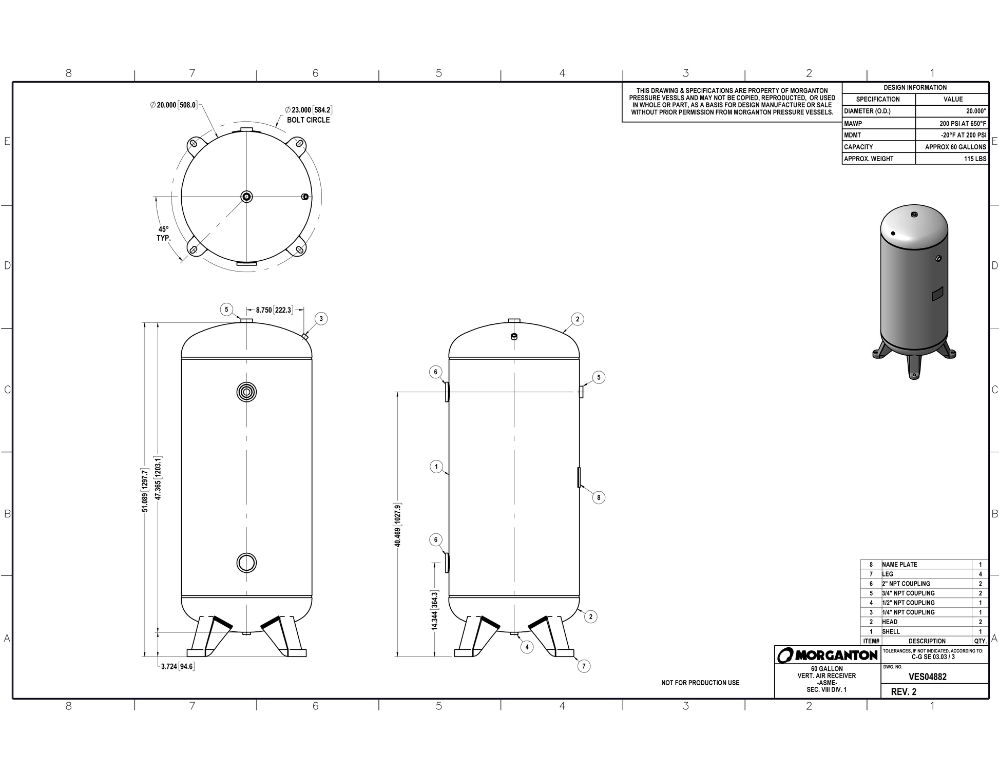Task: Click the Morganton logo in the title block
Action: [x=827, y=655]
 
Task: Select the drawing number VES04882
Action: [x=927, y=677]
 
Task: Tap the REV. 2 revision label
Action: [x=903, y=691]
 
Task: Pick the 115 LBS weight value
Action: [x=975, y=159]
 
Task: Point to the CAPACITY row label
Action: [x=858, y=147]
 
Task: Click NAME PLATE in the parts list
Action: [x=899, y=564]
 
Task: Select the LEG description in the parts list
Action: [x=888, y=574]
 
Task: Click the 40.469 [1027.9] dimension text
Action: [x=398, y=525]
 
